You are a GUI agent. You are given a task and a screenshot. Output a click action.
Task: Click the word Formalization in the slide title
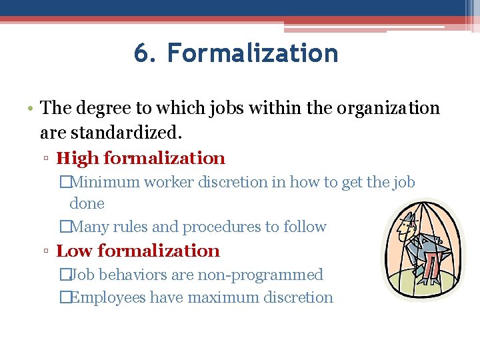click(x=253, y=53)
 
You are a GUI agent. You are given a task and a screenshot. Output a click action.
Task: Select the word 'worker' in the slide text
click(x=170, y=182)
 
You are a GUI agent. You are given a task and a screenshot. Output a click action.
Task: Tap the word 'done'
click(x=87, y=203)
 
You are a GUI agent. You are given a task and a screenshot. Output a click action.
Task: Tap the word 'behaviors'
click(x=127, y=275)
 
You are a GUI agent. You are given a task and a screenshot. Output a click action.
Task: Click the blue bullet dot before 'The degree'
click(x=31, y=109)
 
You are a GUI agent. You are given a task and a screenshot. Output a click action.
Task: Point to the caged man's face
click(x=404, y=230)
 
